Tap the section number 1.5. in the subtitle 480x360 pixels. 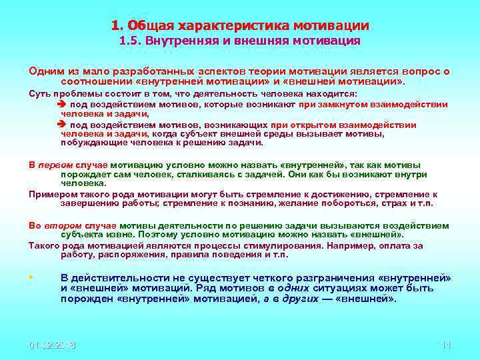(131, 41)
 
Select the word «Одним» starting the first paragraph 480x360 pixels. (45, 71)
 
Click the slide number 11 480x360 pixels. (446, 345)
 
